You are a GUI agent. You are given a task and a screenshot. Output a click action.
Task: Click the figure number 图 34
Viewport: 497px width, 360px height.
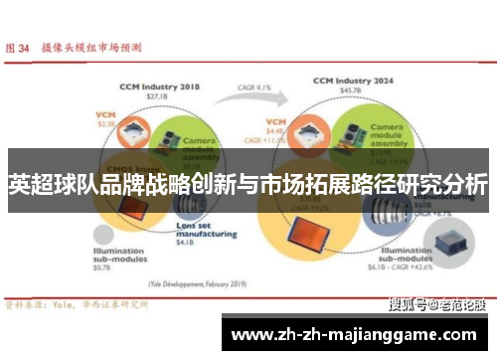(x=19, y=46)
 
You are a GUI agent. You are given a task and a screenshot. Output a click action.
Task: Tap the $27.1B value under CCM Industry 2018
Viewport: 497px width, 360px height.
(x=159, y=97)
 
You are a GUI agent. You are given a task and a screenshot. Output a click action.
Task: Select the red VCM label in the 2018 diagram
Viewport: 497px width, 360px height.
(x=106, y=114)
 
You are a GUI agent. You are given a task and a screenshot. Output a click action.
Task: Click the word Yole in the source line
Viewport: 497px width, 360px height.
(x=63, y=306)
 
